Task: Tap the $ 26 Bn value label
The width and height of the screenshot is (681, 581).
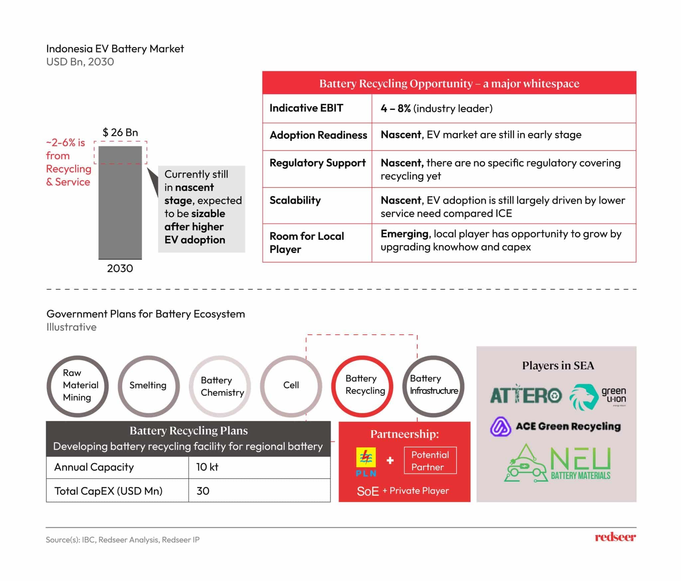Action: point(120,132)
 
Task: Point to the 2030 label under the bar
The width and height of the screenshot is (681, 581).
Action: point(120,268)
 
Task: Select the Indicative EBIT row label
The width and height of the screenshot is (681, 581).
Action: point(306,108)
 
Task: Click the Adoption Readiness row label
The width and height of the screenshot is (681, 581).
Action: point(318,135)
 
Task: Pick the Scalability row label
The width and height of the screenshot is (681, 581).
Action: point(295,200)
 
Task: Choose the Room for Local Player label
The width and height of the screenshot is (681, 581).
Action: point(307,243)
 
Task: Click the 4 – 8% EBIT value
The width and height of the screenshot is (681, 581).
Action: point(395,108)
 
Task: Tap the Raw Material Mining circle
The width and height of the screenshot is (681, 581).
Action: point(77,386)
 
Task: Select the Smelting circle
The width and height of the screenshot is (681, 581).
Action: point(148,386)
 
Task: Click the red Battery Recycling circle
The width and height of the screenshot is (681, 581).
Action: point(362,386)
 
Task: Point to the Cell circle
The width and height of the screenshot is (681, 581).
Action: point(291,386)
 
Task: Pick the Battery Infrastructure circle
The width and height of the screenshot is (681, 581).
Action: point(433,386)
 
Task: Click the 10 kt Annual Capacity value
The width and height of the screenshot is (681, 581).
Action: point(207,467)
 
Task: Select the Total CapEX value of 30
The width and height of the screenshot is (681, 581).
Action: point(203,491)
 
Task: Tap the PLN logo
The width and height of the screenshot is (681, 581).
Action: point(366,462)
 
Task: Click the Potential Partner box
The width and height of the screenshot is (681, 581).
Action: point(430,461)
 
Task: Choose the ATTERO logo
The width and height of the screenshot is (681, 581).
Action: point(526,395)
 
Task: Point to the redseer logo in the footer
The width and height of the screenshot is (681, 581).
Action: point(615,537)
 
